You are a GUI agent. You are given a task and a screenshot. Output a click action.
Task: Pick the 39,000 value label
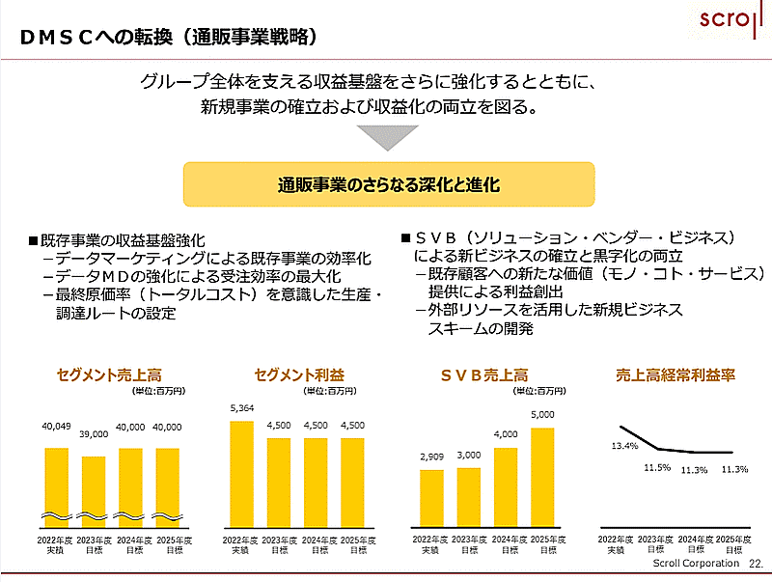click(x=95, y=434)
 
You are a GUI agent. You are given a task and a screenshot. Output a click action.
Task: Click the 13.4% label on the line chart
click(x=624, y=446)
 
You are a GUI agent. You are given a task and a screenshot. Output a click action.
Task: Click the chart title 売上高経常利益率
click(x=675, y=374)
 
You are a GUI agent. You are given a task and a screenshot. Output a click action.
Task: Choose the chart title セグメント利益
click(x=298, y=374)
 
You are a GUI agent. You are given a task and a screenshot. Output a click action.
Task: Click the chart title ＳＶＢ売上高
click(x=484, y=374)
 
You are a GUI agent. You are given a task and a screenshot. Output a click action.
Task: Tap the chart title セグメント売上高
click(x=107, y=374)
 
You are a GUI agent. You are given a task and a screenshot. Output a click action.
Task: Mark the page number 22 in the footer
click(x=755, y=563)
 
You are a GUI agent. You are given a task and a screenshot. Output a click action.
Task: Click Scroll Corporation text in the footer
click(x=695, y=563)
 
